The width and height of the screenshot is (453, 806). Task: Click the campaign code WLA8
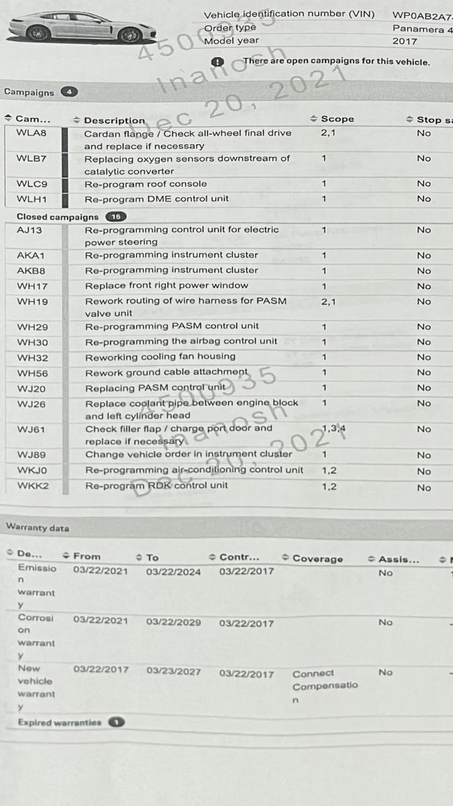31,133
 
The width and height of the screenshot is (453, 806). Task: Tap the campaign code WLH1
31,199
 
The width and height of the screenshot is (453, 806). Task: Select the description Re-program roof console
146,184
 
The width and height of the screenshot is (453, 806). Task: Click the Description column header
114,120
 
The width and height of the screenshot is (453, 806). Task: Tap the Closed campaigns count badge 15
116,217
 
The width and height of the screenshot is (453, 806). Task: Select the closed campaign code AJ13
30,230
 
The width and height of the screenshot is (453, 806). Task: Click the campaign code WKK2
32,486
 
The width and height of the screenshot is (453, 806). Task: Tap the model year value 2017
405,41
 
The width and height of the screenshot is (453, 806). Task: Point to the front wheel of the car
129,35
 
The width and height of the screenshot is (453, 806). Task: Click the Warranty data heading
38,528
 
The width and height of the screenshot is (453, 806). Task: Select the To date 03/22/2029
173,622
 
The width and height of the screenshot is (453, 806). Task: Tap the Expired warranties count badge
116,723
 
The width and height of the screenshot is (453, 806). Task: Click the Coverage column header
317,559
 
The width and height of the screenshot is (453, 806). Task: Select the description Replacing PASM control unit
155,388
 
